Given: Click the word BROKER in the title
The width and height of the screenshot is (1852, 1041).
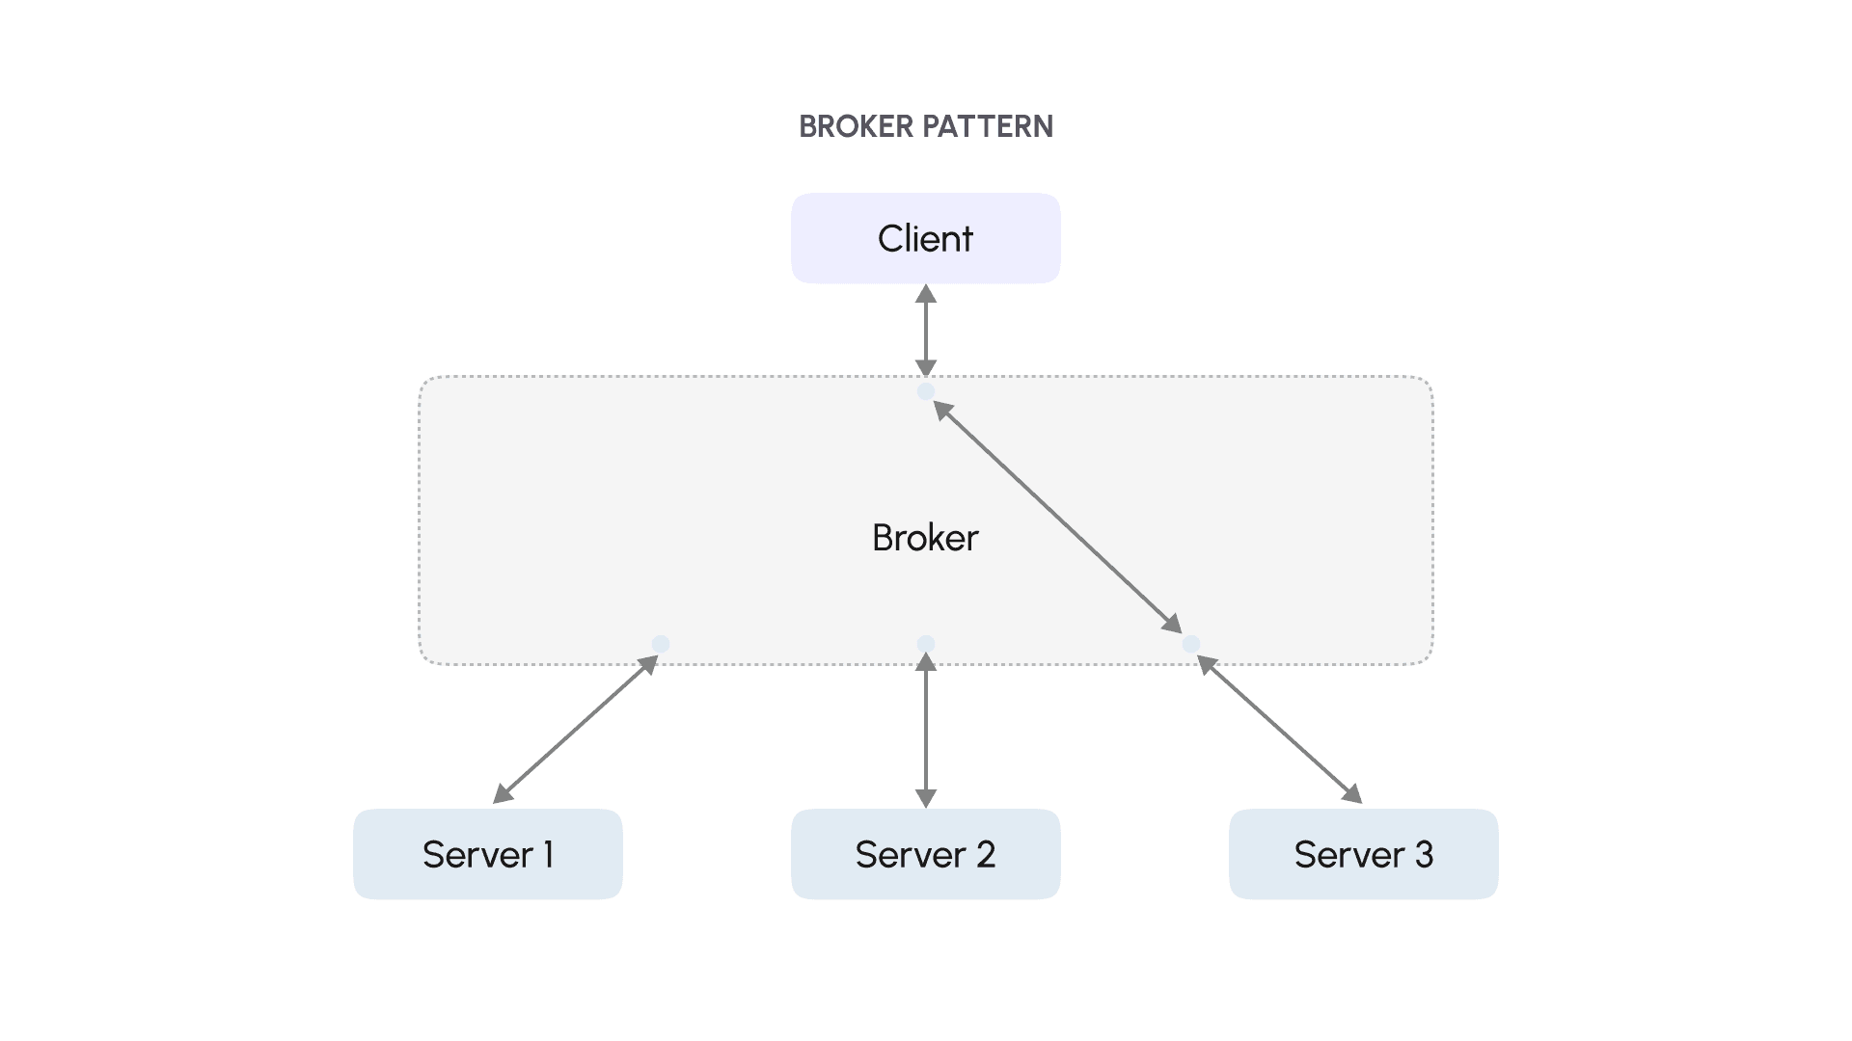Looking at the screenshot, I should (x=856, y=126).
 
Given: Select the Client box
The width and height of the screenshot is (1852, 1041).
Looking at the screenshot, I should (x=925, y=238).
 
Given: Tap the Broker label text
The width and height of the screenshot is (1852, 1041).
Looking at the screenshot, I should (x=925, y=538).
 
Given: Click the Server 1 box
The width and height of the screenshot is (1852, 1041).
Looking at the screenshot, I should (x=487, y=854).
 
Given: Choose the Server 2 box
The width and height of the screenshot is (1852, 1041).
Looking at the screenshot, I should (x=925, y=854).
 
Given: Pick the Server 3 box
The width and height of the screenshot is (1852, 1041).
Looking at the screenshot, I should (x=1363, y=854).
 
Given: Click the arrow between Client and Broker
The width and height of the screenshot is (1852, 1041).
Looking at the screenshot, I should (x=926, y=331).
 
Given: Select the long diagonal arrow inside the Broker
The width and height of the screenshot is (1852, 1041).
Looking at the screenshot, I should (x=1057, y=517).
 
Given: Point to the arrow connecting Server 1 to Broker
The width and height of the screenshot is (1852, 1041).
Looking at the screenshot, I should (x=575, y=730).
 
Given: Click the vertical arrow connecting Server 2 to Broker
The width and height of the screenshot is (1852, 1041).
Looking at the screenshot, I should (x=926, y=731).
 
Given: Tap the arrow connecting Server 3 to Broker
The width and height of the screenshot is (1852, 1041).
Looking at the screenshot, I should (x=1279, y=730).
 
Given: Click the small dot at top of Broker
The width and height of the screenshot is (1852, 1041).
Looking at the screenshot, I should (x=926, y=391).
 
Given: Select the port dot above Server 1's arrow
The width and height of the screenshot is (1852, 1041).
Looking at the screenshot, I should (x=661, y=644).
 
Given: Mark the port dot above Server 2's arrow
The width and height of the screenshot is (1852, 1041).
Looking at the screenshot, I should (x=926, y=644).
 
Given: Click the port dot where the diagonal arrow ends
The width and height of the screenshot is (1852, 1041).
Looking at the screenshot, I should (x=1191, y=644).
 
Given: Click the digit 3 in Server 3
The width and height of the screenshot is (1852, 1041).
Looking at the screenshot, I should (x=1424, y=855).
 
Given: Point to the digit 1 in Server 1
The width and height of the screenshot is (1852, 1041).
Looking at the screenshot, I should (x=548, y=855).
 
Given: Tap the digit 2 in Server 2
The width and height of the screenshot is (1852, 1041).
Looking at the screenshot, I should (x=985, y=855).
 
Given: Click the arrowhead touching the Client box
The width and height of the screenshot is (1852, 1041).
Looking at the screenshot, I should (x=926, y=293).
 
